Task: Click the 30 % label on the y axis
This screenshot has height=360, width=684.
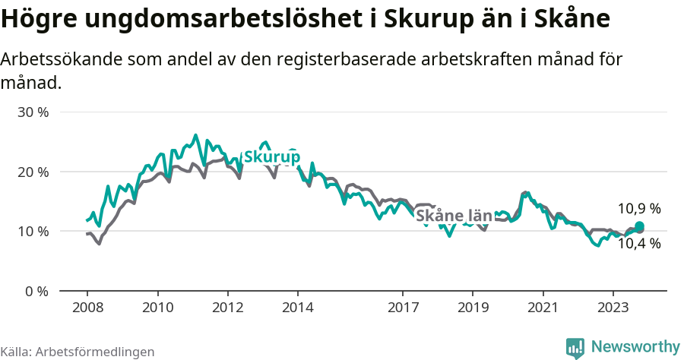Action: [33, 112]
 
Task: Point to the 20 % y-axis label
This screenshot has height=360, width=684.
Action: [33, 172]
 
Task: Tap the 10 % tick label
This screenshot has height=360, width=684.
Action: [33, 231]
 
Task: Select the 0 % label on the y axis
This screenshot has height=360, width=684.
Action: [36, 291]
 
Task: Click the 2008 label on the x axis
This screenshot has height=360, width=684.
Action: [87, 308]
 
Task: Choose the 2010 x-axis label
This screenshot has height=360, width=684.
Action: [157, 308]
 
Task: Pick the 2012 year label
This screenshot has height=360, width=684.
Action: [227, 308]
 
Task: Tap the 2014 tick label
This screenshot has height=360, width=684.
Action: [297, 308]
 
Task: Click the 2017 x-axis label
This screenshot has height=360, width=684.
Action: [403, 308]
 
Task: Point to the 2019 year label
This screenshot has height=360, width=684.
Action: [473, 308]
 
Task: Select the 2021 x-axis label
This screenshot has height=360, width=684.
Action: [543, 308]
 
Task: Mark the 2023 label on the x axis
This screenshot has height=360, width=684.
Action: [613, 308]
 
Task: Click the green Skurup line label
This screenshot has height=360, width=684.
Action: [271, 157]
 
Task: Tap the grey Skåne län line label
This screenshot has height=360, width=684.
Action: [454, 216]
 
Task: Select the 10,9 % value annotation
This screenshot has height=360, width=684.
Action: [638, 208]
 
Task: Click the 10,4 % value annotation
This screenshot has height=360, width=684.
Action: [638, 244]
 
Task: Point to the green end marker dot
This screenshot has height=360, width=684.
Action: [639, 226]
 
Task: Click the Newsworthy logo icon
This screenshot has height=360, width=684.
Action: [575, 347]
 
